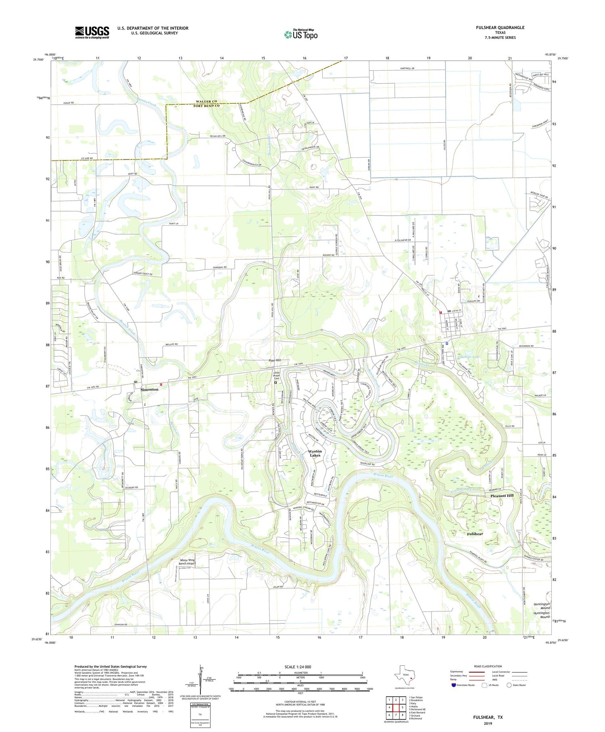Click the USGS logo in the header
click(92, 32)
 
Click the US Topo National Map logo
click(301, 34)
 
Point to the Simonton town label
click(149, 389)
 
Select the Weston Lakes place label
click(315, 453)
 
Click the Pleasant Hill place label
click(502, 495)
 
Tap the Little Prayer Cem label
click(276, 375)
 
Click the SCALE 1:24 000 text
click(298, 667)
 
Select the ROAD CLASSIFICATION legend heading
click(488, 666)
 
